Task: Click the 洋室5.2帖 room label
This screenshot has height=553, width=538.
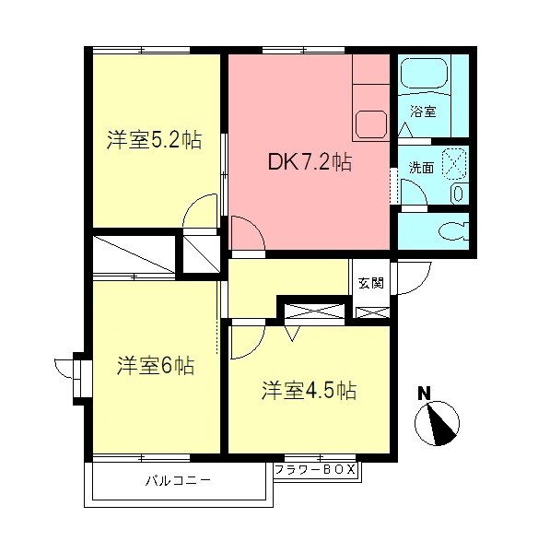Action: click(153, 141)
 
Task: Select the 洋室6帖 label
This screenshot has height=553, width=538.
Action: click(155, 366)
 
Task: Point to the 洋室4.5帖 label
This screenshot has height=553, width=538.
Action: click(308, 390)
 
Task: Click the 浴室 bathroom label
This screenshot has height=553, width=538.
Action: click(424, 112)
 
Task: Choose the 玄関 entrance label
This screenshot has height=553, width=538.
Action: click(370, 283)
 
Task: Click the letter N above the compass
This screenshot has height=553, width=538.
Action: click(425, 392)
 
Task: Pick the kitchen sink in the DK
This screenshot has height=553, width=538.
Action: click(374, 123)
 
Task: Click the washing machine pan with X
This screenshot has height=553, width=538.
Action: click(453, 162)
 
